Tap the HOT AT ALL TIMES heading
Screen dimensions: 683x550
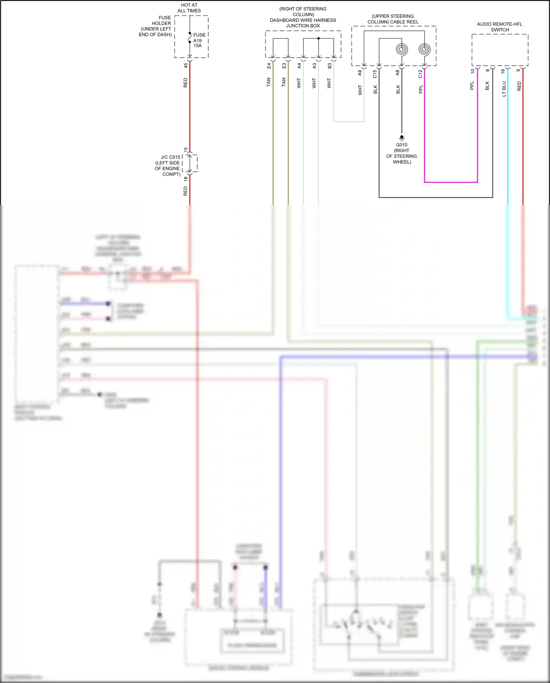(x=189, y=8)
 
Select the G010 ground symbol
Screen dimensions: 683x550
(x=401, y=138)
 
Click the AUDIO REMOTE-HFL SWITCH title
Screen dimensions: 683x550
(x=500, y=27)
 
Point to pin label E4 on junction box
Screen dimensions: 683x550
(x=269, y=66)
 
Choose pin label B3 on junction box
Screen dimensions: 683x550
(x=329, y=66)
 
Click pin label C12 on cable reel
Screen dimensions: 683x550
(x=420, y=74)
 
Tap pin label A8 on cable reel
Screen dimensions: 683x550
(x=397, y=73)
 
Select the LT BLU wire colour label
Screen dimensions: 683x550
(x=504, y=89)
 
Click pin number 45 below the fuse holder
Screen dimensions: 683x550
(x=186, y=65)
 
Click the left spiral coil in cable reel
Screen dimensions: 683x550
(x=402, y=49)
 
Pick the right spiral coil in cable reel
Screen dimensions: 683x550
(x=425, y=49)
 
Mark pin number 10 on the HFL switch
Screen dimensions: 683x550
(x=473, y=71)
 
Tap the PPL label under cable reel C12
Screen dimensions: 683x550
(x=421, y=89)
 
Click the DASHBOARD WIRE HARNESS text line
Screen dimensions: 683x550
(x=303, y=20)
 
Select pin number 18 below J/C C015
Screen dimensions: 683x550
(x=186, y=179)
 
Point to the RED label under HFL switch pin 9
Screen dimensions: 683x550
(x=519, y=86)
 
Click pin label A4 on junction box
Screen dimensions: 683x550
(x=299, y=66)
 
